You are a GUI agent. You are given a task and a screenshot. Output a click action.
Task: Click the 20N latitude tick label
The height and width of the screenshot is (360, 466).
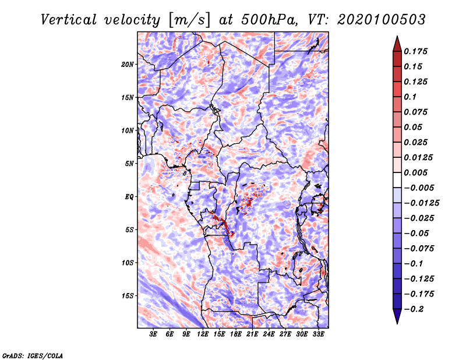(x=128, y=64)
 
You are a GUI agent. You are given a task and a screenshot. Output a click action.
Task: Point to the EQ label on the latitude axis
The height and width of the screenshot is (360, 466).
(x=129, y=196)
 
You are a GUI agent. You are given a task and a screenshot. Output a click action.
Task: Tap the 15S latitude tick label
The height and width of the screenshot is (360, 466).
(x=128, y=296)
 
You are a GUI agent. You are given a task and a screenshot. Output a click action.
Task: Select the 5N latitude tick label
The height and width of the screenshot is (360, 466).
(x=129, y=164)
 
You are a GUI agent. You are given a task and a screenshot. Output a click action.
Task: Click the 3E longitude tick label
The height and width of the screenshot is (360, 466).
(x=153, y=334)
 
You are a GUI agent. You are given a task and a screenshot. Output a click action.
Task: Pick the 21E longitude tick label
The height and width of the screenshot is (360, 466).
(x=252, y=334)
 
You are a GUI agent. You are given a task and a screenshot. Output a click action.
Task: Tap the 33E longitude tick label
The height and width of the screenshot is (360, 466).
(x=318, y=334)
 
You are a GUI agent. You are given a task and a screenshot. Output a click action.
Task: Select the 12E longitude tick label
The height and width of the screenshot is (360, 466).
(x=203, y=334)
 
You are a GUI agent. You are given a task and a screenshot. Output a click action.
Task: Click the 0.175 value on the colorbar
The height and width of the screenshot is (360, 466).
(x=415, y=51)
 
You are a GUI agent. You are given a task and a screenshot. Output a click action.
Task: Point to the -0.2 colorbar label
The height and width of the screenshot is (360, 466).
(x=414, y=309)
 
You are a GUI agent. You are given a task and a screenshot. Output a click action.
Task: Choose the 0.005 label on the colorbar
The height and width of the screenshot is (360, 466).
(x=415, y=172)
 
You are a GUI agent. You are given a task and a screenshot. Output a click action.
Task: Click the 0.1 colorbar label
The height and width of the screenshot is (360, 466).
(x=410, y=97)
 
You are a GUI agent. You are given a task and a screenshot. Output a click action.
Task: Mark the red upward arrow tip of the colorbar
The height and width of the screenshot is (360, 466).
(x=397, y=36)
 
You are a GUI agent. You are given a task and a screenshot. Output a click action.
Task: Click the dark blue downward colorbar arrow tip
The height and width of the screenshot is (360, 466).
(x=397, y=323)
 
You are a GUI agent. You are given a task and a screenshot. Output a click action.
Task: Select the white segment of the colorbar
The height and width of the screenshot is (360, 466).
(x=397, y=180)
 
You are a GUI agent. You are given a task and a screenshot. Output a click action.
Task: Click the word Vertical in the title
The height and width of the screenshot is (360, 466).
(x=69, y=20)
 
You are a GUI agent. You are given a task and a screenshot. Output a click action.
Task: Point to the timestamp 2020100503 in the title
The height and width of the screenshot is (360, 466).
(x=382, y=20)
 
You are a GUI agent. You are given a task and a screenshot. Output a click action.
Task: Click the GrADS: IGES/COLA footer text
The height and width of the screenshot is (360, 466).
(x=33, y=356)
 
